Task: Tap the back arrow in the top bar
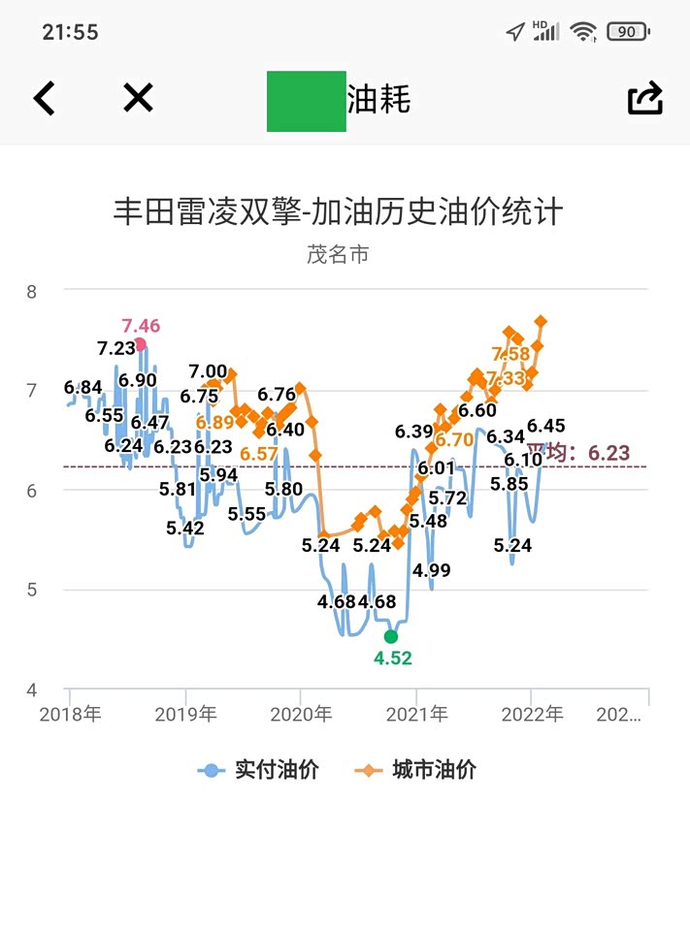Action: tap(44, 98)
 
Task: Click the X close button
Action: tap(138, 97)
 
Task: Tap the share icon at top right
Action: tap(644, 98)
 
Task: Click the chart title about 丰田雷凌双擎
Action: tap(338, 211)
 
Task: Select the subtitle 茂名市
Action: tap(338, 254)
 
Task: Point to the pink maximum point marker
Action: tap(141, 344)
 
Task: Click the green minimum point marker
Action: tap(391, 636)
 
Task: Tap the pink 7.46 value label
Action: tap(141, 325)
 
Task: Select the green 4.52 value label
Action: tap(393, 658)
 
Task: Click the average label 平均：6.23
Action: tap(578, 453)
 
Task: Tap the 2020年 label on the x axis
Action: tap(301, 716)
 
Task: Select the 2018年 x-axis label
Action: tap(70, 716)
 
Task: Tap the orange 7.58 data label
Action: tap(510, 354)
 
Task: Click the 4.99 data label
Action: tap(431, 570)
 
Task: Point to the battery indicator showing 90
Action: tap(627, 32)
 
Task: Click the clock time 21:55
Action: tap(70, 32)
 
